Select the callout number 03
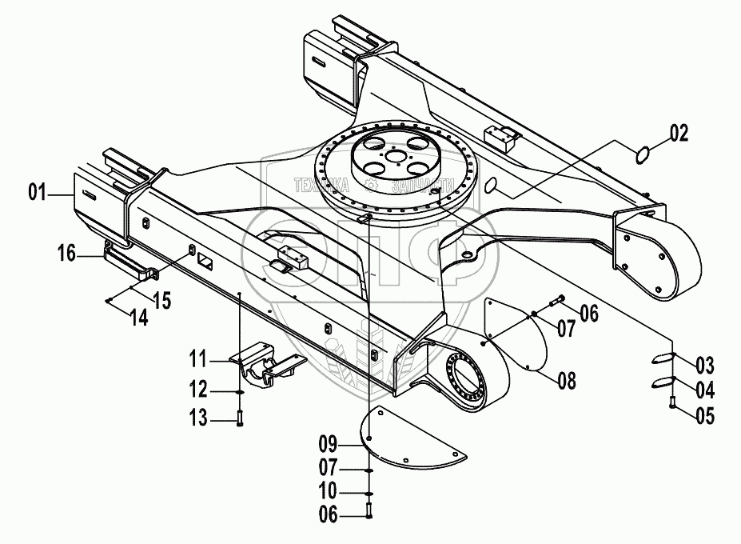(704, 367)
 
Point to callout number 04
(704, 391)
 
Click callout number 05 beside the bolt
(704, 415)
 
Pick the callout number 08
(567, 382)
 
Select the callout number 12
(198, 391)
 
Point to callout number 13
(198, 417)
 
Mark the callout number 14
(138, 317)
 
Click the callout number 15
(162, 301)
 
